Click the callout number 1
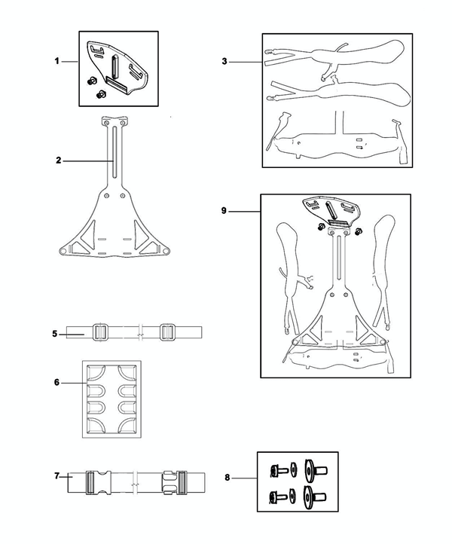(56, 61)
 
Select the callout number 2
(57, 160)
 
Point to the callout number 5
(56, 333)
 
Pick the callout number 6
(56, 383)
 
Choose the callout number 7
(57, 476)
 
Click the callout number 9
(224, 212)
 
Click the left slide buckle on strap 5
(99, 332)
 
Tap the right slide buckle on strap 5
(167, 332)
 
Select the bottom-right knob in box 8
(310, 495)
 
